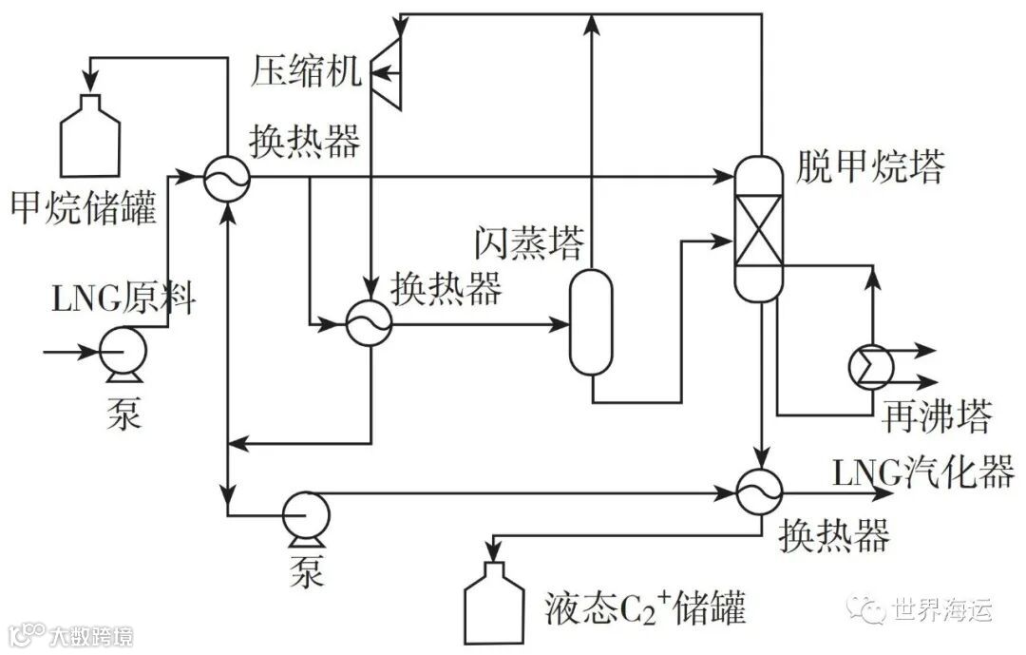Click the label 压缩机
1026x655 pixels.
tap(307, 72)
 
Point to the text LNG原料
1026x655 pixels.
tap(123, 299)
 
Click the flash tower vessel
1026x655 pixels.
tap(591, 321)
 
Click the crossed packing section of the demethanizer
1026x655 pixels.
tap(761, 229)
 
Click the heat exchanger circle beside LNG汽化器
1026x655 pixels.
tap(760, 491)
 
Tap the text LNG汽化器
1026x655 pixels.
tap(923, 472)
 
